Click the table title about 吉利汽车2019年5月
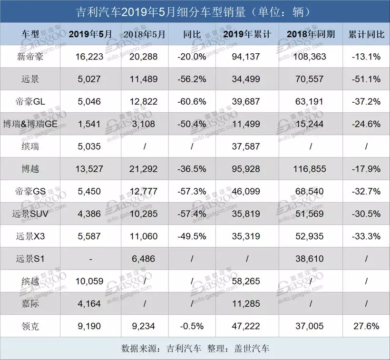tap(195, 11)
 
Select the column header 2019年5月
tap(90, 34)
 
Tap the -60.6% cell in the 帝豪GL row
tap(192, 101)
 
